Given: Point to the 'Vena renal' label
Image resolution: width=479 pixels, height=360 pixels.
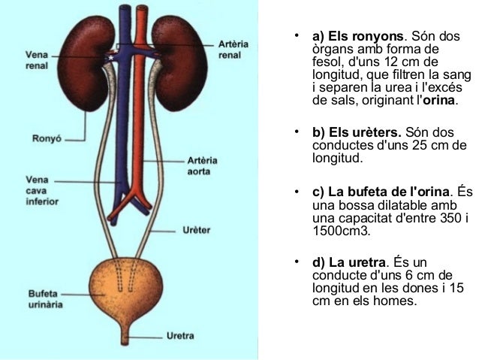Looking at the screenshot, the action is pyautogui.click(x=37, y=59).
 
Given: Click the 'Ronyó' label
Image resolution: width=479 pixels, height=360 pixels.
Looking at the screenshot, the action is pyautogui.click(x=44, y=138).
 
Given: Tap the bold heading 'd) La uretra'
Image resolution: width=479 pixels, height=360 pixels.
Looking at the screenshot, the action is pyautogui.click(x=348, y=263).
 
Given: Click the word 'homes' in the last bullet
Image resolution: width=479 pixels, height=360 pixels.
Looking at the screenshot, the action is pyautogui.click(x=394, y=301).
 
